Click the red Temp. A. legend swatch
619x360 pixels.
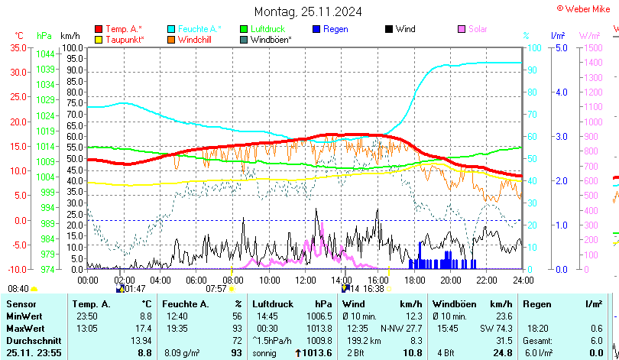point(99,29)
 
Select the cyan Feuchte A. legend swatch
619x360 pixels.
point(172,29)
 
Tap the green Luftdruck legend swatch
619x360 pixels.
point(245,29)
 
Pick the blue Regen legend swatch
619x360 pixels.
point(317,29)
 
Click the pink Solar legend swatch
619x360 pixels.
point(462,29)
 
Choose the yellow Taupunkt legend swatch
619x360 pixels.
point(99,39)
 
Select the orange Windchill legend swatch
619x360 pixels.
point(172,39)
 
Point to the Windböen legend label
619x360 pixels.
point(271,39)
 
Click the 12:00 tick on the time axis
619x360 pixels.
point(305,280)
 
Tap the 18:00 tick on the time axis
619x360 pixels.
point(413,280)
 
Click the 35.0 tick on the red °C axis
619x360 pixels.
point(18,47)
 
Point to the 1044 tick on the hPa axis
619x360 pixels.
point(45,54)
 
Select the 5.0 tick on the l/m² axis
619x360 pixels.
point(560,47)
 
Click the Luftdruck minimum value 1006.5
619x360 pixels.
point(319,316)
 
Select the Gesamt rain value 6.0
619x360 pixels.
point(597,339)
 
